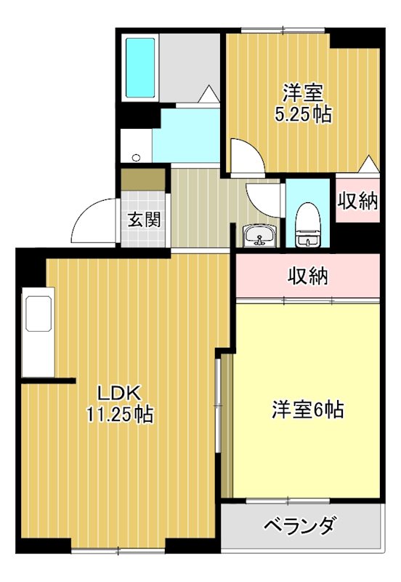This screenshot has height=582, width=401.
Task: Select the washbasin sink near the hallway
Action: [x=259, y=236]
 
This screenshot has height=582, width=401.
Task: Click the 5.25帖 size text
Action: [x=303, y=114]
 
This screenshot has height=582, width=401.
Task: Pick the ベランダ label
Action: [x=299, y=525]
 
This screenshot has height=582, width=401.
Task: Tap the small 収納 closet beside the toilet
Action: [x=357, y=202]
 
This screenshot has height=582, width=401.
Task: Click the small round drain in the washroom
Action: [x=135, y=156]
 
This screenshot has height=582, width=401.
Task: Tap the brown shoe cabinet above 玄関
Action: [x=144, y=178]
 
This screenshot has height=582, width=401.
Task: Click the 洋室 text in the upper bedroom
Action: [x=303, y=94]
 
